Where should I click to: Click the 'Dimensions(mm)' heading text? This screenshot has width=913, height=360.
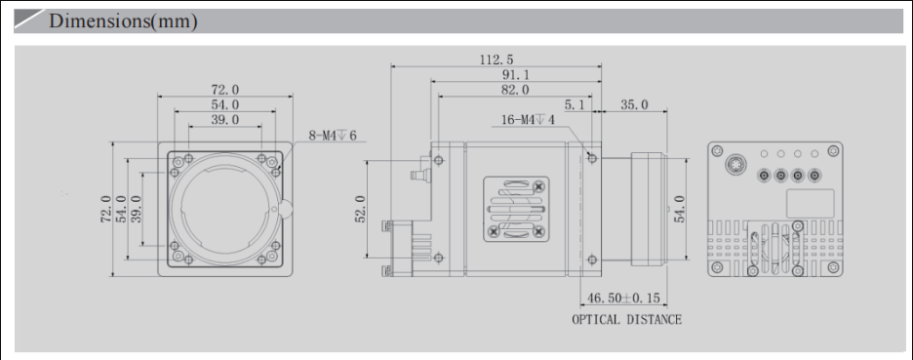click(123, 21)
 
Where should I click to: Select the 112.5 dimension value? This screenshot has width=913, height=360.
click(497, 60)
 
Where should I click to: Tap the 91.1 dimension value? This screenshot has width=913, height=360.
click(516, 75)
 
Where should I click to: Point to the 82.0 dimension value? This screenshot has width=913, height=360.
click(515, 90)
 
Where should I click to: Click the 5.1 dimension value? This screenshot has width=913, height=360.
click(575, 104)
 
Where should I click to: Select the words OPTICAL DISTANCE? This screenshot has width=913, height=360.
click(626, 319)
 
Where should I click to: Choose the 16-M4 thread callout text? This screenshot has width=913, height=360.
click(528, 120)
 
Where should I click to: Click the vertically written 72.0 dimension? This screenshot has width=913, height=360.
click(105, 208)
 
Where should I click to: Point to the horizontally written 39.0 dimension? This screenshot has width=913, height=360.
click(224, 120)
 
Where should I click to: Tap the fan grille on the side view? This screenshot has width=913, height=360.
click(515, 208)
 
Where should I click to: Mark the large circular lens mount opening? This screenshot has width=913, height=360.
click(225, 208)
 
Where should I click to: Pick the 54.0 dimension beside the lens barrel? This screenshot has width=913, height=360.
click(680, 209)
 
